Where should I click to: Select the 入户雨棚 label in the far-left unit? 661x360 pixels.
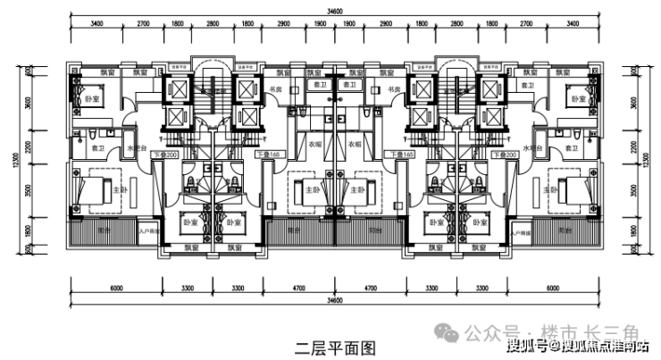(146, 232)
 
